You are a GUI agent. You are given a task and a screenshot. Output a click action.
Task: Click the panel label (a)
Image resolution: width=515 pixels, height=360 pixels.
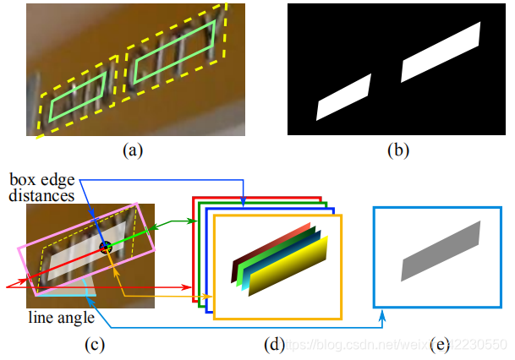tap(132, 151)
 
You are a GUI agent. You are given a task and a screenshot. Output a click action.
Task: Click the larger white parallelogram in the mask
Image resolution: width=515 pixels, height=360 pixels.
tap(440, 52)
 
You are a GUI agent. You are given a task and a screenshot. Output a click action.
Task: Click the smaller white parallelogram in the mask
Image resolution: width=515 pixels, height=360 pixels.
tap(344, 98)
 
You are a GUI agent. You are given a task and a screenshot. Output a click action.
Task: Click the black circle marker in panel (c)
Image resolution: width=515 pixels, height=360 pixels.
tap(106, 247)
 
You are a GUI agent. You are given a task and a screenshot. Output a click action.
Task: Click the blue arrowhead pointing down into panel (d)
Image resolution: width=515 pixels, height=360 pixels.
tap(244, 202)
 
